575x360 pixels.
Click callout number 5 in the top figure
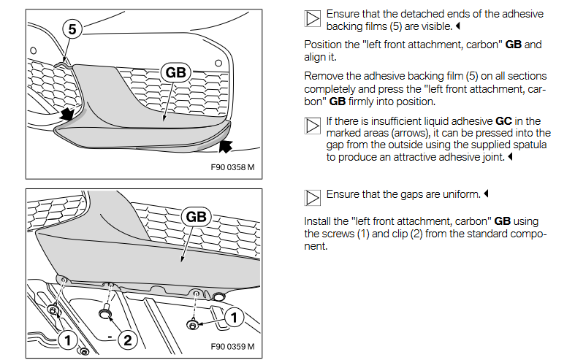point(71,30)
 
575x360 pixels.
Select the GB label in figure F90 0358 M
point(175,72)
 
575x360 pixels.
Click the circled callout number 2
point(127,339)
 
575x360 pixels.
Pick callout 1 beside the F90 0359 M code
point(233,316)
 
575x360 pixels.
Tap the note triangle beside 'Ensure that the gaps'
point(312,197)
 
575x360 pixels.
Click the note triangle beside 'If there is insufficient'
point(312,125)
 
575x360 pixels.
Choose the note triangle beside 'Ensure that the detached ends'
point(312,18)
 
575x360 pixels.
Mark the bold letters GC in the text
point(503,120)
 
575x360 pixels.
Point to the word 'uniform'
point(458,194)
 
